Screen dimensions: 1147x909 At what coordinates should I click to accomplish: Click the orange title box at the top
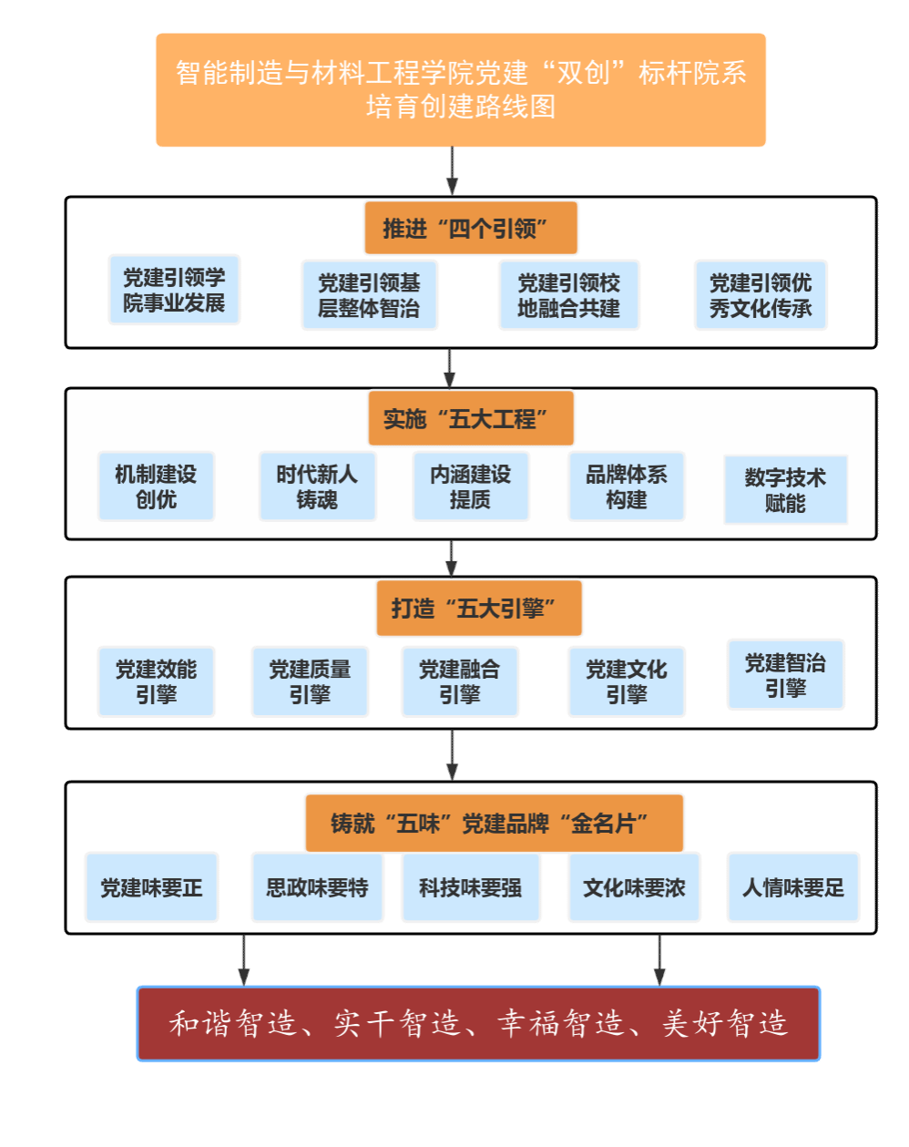[x=461, y=89]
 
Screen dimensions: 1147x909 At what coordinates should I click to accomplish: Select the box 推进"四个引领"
[x=471, y=228]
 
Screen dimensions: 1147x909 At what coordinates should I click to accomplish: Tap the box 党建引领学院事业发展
[x=174, y=290]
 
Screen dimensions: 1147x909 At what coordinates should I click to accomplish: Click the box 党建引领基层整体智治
[x=369, y=295]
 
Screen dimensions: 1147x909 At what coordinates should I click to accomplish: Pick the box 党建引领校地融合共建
[x=569, y=295]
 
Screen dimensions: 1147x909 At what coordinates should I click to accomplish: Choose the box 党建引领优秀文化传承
[x=761, y=295]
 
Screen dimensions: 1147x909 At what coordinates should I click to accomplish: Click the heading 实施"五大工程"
[x=471, y=419]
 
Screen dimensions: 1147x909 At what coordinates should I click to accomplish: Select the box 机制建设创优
[x=156, y=486]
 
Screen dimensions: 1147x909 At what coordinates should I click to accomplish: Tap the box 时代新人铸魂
[x=317, y=486]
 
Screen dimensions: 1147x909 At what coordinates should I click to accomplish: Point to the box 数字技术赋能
[x=785, y=490]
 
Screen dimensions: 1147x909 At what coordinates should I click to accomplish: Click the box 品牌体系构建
[x=626, y=486]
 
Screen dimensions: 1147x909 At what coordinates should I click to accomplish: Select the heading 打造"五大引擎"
[x=478, y=608]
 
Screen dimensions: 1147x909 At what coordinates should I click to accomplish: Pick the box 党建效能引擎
[x=156, y=681]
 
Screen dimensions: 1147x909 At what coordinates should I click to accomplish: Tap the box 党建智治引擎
[x=785, y=675]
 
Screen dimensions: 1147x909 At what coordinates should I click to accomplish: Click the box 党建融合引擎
[x=459, y=681]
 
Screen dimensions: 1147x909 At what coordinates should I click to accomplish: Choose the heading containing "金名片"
[x=494, y=823]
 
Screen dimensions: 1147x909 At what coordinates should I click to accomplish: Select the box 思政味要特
[x=317, y=887]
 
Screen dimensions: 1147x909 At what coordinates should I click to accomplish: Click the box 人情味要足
[x=792, y=887]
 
